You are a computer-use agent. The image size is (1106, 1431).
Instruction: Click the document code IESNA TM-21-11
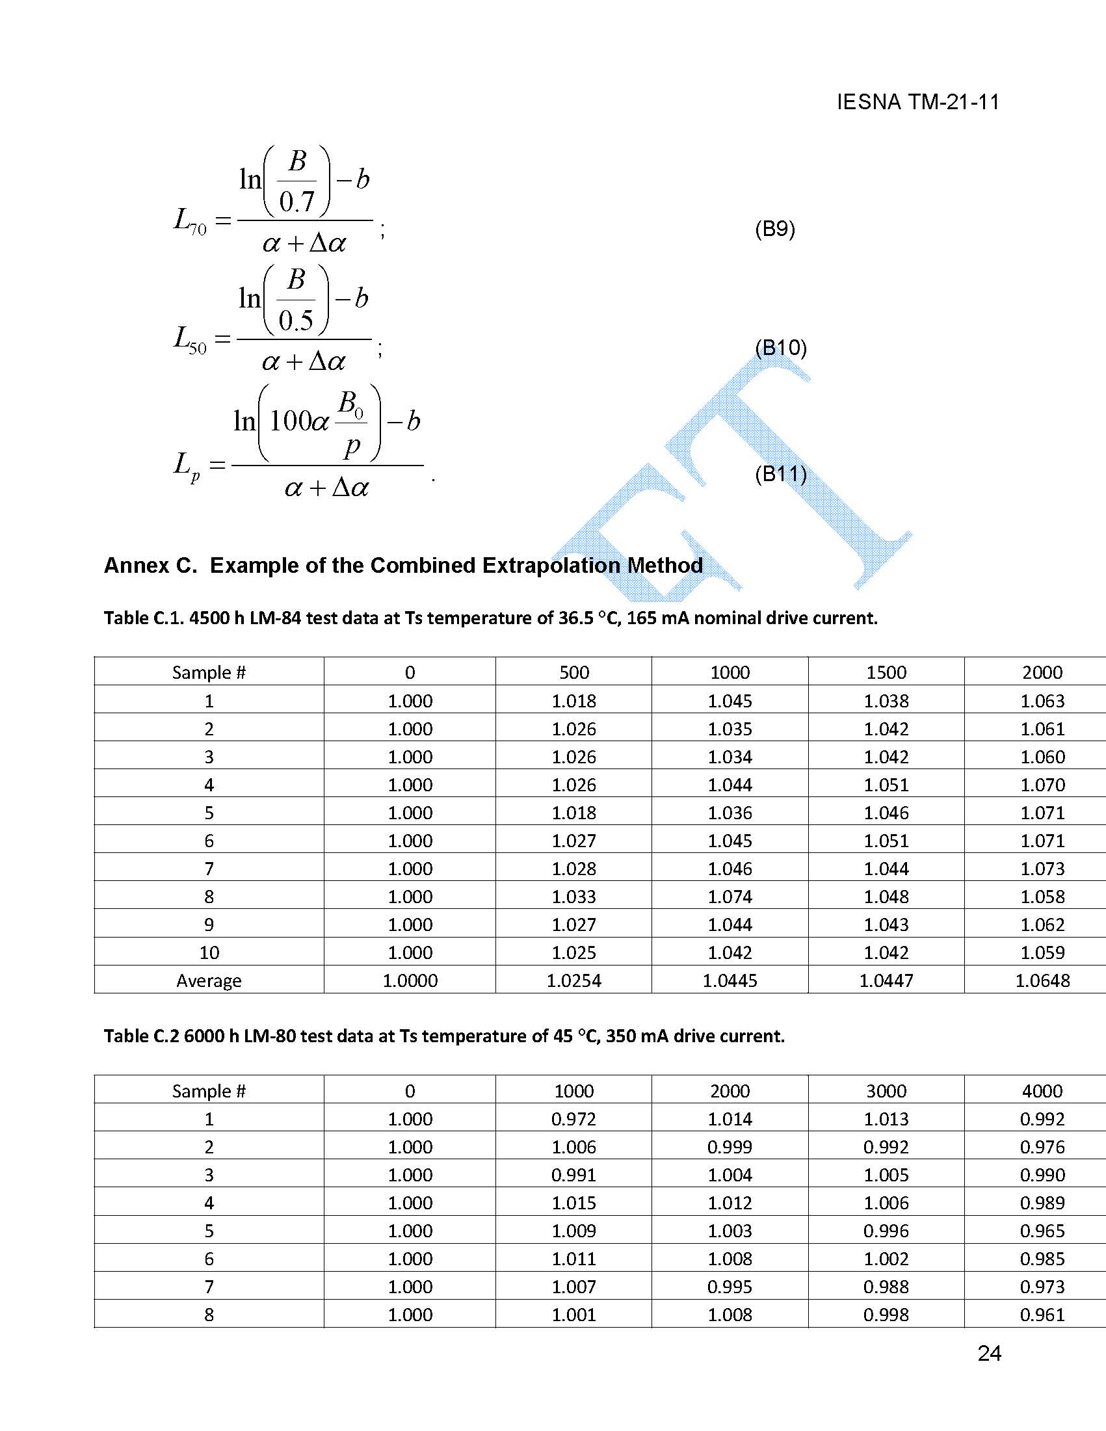coord(917,102)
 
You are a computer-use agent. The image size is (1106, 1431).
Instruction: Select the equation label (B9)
coord(774,229)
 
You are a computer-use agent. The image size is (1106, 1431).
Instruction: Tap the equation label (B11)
coord(780,473)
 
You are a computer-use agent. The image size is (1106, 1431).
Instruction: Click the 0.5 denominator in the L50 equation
coord(295,321)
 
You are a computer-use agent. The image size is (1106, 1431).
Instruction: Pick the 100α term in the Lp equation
coord(299,421)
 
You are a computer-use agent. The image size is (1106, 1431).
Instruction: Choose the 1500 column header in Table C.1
coord(886,672)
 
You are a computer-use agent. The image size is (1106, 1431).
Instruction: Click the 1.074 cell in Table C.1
coord(730,897)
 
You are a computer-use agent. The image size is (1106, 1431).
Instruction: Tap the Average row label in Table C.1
coord(209,980)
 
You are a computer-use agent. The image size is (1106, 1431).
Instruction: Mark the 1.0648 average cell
coord(1042,980)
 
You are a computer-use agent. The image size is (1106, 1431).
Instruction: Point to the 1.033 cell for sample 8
coord(573,897)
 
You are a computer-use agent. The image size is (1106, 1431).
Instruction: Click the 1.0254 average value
coord(573,980)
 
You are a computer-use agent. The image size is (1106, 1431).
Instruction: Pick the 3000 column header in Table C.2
coord(886,1091)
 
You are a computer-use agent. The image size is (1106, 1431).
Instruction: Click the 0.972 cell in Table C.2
coord(573,1119)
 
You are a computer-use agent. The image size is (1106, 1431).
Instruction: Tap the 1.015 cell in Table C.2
coord(573,1203)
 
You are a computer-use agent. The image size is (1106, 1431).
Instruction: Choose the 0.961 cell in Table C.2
coord(1042,1315)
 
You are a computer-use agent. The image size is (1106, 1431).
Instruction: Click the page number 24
coord(989,1354)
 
